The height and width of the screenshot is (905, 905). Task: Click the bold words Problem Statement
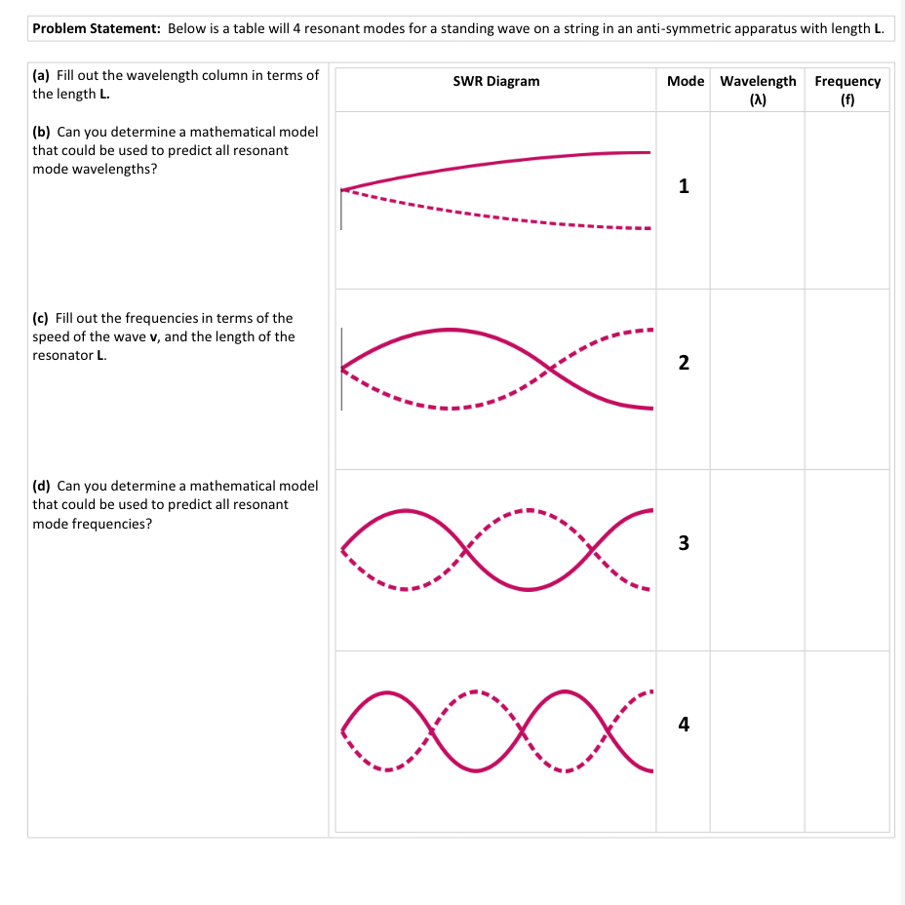pos(97,28)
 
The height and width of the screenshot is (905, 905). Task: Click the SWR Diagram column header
pos(496,81)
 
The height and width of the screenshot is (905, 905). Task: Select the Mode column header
pos(686,81)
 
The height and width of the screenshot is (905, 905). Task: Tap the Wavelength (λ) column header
pos(758,90)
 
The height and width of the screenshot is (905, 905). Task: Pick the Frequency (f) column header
pos(847,90)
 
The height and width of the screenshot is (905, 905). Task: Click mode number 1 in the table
pos(684,186)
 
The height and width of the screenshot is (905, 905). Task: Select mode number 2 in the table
pos(684,363)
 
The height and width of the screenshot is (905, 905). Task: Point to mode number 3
pos(684,543)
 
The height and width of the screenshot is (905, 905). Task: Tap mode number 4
pos(684,724)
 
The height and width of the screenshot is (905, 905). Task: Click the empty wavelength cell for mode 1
pos(757,200)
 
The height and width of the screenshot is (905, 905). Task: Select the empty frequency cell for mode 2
pos(846,379)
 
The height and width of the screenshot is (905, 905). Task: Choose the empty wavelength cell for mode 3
pos(757,561)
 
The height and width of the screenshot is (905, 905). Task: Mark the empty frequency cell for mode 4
pos(846,741)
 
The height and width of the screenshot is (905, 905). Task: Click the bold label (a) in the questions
pos(41,76)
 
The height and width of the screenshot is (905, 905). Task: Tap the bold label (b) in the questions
pos(42,133)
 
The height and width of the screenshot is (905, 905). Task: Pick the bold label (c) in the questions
pos(40,319)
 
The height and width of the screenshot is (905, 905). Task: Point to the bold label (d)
pos(42,486)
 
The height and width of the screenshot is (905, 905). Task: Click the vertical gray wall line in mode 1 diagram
pos(341,209)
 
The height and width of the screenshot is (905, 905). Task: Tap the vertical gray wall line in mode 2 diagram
pos(341,370)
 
